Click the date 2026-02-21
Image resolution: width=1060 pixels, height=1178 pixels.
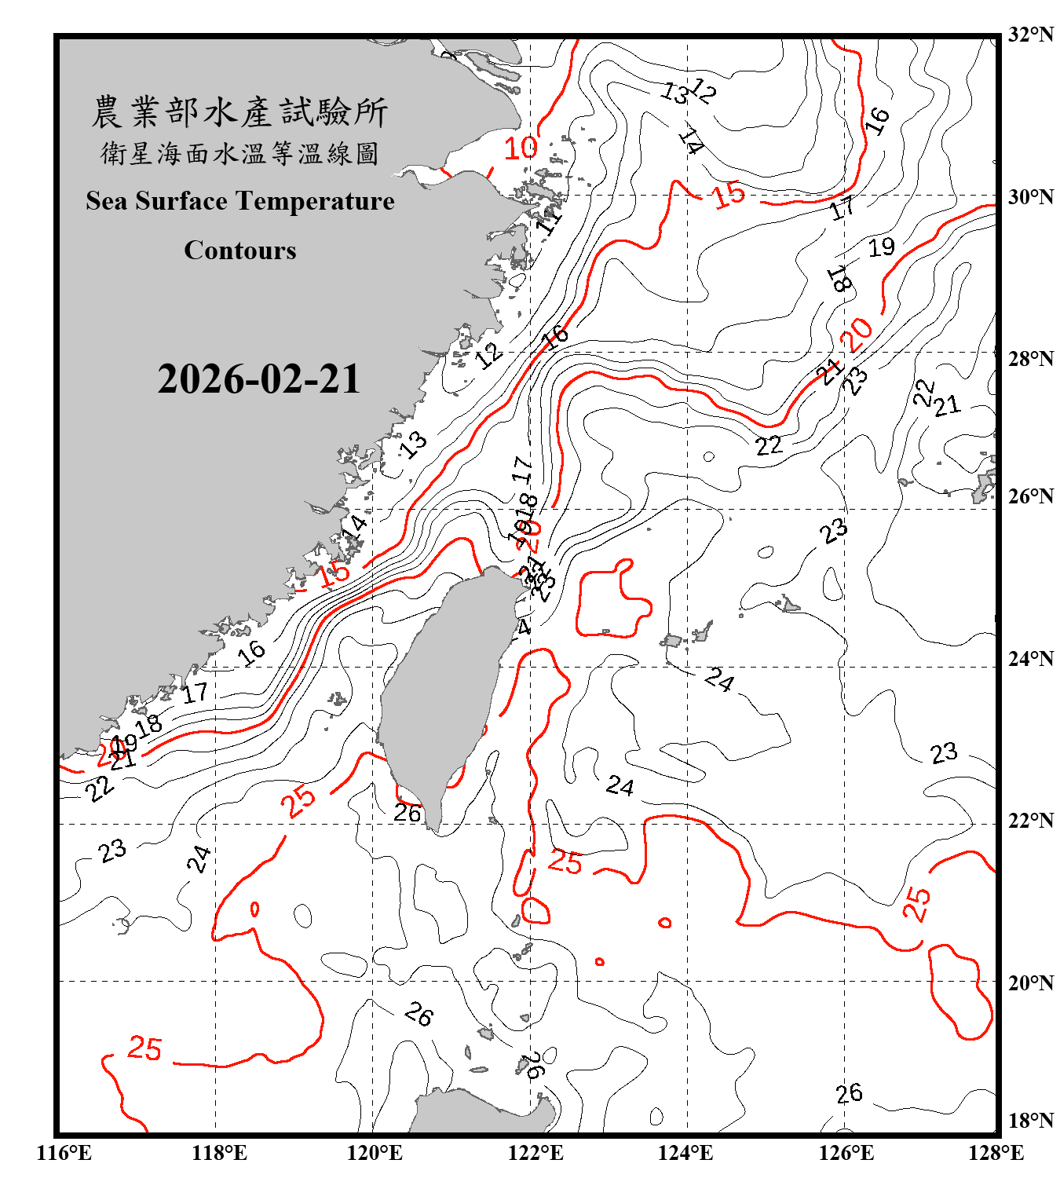tap(258, 379)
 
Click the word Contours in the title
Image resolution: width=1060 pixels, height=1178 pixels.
tap(239, 251)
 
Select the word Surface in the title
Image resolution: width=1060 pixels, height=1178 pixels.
tap(181, 201)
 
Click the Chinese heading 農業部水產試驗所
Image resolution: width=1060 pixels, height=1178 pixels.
tap(239, 112)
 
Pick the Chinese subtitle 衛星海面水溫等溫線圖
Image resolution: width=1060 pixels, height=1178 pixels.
tap(239, 153)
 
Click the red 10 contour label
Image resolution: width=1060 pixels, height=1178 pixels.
tap(520, 148)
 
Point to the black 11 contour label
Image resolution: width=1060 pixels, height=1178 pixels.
tap(550, 219)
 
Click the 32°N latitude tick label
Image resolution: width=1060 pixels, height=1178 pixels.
tap(1030, 35)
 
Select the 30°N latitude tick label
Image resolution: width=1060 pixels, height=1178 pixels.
tap(1030, 196)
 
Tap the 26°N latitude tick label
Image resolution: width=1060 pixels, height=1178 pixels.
tap(1030, 496)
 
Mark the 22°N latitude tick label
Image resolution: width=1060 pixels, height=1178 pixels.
tap(1030, 821)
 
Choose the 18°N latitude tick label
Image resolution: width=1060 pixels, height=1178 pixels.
tap(1030, 1121)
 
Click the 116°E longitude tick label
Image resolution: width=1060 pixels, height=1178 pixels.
tap(64, 1153)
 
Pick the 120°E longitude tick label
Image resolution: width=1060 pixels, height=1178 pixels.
tap(375, 1153)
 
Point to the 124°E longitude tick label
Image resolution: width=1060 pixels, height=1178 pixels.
tap(685, 1153)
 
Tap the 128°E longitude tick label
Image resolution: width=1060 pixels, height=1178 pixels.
tap(996, 1153)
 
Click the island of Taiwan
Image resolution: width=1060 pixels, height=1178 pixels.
tap(440, 691)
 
